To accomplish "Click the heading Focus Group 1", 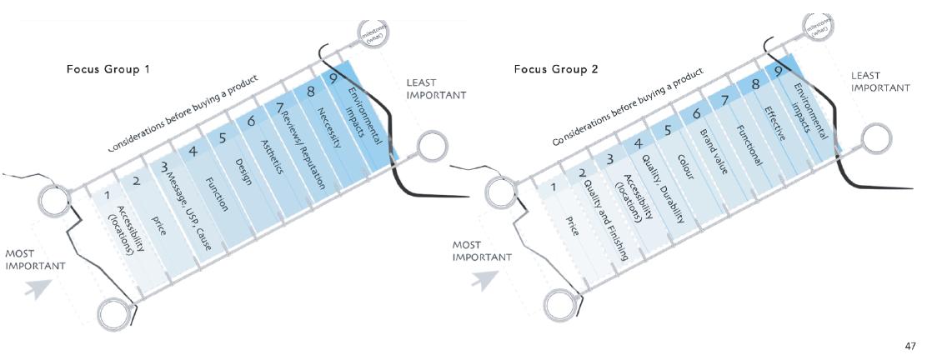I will pos(108,68).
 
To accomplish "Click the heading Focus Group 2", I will pos(556,68).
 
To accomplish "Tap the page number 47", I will pos(909,345).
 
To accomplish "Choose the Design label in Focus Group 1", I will pos(243,171).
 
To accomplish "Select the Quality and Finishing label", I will pos(605,218).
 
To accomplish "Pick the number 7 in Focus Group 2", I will pos(724,101).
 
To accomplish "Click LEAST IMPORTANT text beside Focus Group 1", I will pos(436,89).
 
